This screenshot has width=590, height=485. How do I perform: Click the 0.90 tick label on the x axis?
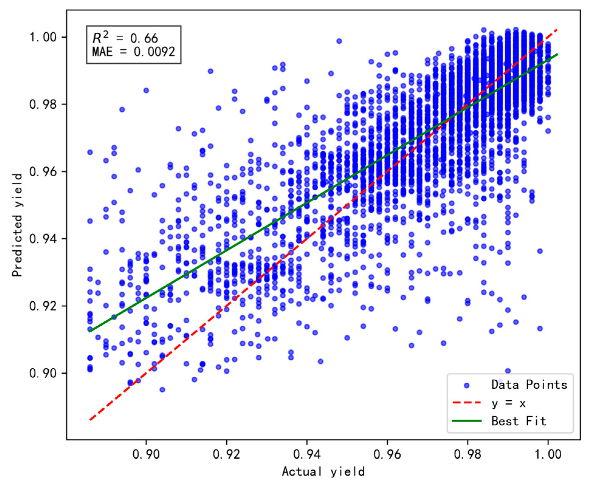(146, 454)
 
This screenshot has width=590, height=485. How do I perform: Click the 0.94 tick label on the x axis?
(307, 454)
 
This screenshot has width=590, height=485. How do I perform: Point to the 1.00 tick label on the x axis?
(548, 454)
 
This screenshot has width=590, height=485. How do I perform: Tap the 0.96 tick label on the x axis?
(387, 454)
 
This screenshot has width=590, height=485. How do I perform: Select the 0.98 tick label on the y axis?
(43, 104)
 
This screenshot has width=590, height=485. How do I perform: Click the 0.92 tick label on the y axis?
(43, 306)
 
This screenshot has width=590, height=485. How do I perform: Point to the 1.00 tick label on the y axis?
(43, 37)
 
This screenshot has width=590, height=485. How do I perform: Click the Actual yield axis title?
(323, 472)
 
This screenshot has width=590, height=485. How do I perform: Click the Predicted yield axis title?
(17, 225)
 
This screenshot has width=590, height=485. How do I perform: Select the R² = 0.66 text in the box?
(125, 38)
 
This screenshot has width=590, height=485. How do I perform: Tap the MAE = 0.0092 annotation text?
(134, 52)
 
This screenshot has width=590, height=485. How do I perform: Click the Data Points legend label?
(529, 385)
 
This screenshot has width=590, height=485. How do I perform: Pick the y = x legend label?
(508, 403)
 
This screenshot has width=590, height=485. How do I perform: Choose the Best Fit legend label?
(519, 421)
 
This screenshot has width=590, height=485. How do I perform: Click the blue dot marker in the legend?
(467, 385)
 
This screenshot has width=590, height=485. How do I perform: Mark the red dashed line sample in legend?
(467, 403)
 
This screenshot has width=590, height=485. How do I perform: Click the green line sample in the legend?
(467, 421)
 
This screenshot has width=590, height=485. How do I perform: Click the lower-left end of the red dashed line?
(90, 420)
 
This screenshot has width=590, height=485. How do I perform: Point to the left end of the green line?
(90, 331)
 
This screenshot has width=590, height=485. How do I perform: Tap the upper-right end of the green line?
(557, 54)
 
